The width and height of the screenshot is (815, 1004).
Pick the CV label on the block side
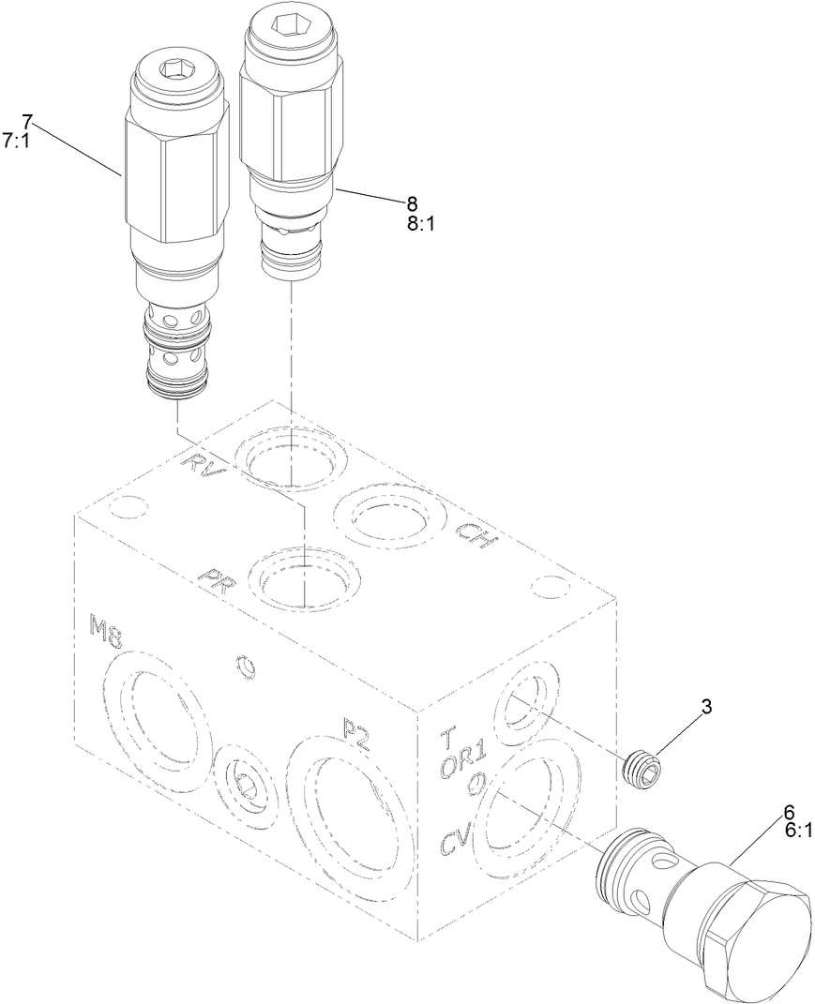point(457,840)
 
